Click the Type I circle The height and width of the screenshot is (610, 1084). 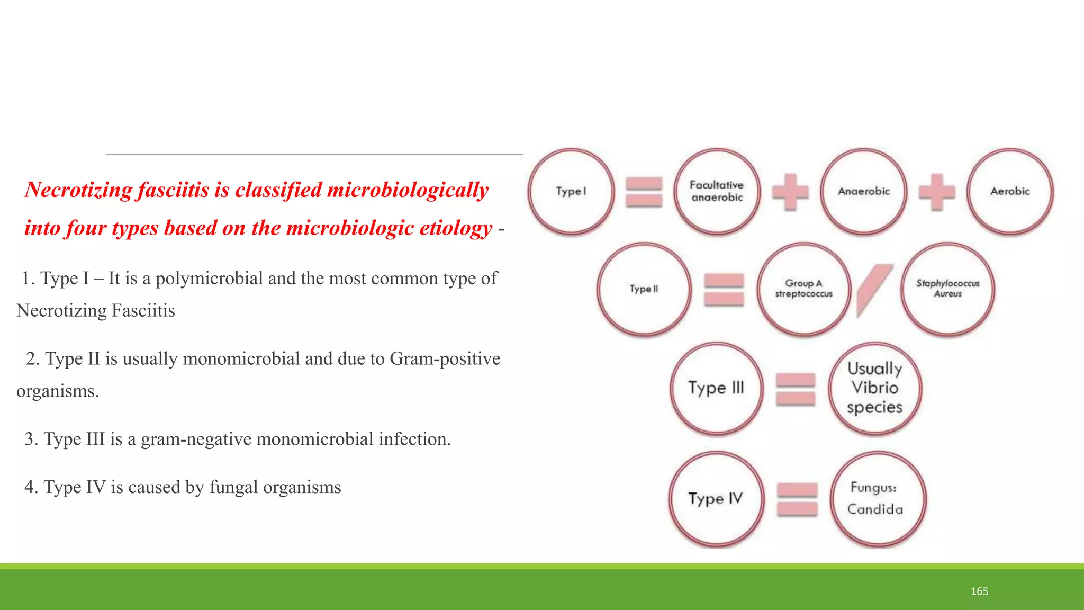(571, 191)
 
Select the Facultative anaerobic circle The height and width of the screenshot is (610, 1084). (717, 191)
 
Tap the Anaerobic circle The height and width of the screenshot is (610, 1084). (864, 191)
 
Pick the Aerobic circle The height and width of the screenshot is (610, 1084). (1010, 191)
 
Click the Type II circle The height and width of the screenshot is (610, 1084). (644, 289)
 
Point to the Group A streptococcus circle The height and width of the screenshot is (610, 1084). (803, 289)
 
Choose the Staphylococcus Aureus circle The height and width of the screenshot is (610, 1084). (947, 289)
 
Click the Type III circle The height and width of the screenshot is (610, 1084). (716, 388)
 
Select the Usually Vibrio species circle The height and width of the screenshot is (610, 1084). (875, 388)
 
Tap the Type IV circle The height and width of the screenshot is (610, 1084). (716, 498)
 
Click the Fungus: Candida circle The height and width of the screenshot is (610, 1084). (877, 498)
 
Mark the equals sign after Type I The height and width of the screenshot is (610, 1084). (644, 192)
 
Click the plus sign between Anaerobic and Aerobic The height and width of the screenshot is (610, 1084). (937, 192)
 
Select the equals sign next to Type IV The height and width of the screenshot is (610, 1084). (797, 499)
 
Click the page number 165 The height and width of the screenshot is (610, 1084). (979, 591)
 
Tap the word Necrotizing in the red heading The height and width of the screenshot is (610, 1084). (78, 190)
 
